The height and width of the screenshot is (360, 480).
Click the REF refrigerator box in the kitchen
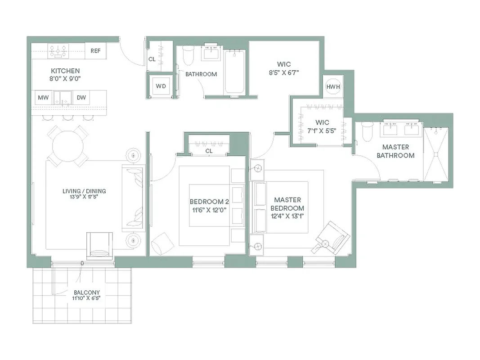pyautogui.click(x=95, y=51)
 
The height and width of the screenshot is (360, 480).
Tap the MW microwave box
pyautogui.click(x=43, y=98)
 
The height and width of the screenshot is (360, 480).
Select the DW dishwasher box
pyautogui.click(x=81, y=98)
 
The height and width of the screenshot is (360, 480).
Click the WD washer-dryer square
pyautogui.click(x=161, y=86)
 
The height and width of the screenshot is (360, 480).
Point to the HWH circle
pyautogui.click(x=333, y=86)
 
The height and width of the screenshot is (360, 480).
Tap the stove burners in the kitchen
pyautogui.click(x=58, y=51)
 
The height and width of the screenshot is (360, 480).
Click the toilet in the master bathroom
pyautogui.click(x=368, y=131)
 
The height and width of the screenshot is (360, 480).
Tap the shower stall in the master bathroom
pyautogui.click(x=436, y=154)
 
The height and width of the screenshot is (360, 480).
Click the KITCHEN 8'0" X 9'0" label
pyautogui.click(x=65, y=74)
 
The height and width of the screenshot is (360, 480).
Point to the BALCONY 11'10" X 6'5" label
pyautogui.click(x=86, y=295)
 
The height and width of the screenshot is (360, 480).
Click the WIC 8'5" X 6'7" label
pyautogui.click(x=283, y=67)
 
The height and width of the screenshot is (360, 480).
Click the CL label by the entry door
pyautogui.click(x=152, y=59)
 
